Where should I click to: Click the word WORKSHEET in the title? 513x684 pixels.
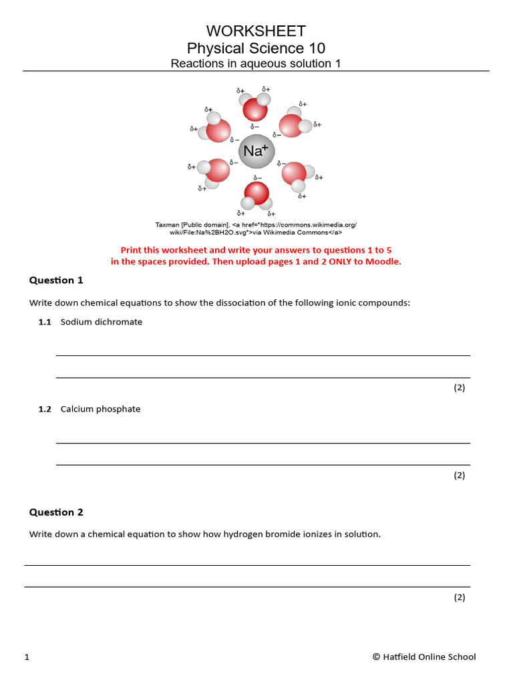pos(256,31)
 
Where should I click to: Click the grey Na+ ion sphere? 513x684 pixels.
pos(256,152)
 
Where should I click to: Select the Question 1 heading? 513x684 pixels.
pos(56,280)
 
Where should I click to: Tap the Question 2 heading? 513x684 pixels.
pos(56,512)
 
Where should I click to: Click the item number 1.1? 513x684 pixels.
pos(45,322)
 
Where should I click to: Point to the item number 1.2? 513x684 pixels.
pos(45,409)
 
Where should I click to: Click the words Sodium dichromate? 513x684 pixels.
pos(102,322)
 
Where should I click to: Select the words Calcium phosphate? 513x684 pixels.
pos(100,409)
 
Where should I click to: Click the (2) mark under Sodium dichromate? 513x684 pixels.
pos(459,387)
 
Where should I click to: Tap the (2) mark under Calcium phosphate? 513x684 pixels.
pos(459,475)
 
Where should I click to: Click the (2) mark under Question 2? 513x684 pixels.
pos(459,597)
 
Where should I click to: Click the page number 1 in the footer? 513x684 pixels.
pos(27,657)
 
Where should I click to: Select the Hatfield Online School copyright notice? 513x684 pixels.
pos(424,657)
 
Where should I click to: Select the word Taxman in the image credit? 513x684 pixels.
pos(168,225)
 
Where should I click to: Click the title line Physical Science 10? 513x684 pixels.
pos(256,48)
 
